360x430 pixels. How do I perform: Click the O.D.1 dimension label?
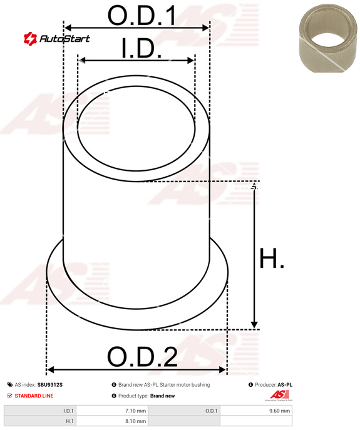click(x=141, y=16)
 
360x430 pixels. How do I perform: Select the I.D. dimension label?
click(x=141, y=48)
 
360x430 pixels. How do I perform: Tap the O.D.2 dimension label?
click(x=142, y=357)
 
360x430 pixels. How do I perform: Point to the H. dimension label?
click(x=272, y=258)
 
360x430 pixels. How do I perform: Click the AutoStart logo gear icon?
click(x=30, y=38)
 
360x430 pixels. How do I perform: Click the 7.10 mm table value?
click(x=136, y=411)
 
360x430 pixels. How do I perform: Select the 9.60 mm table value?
click(x=280, y=411)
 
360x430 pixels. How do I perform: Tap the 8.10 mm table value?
click(x=136, y=421)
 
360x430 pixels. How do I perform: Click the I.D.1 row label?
click(x=68, y=411)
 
